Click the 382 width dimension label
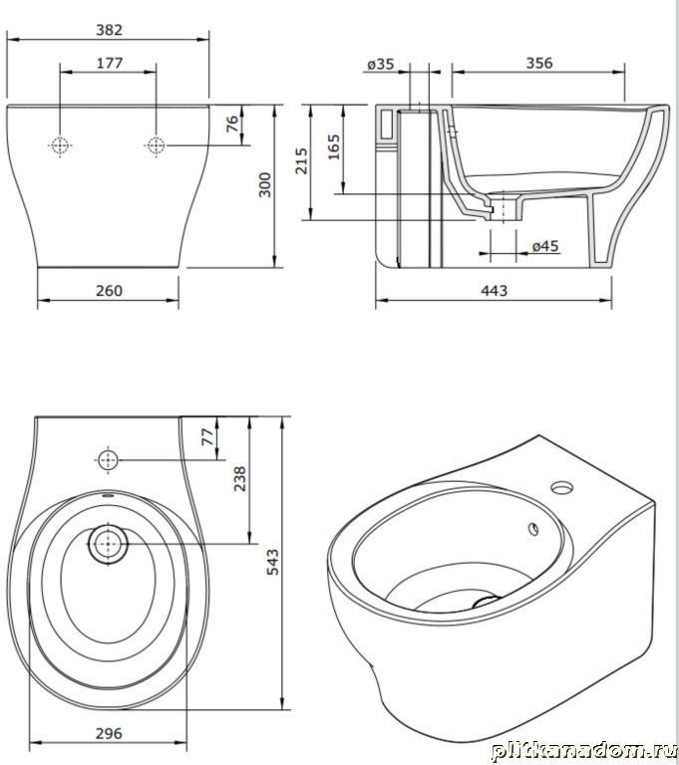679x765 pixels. click(109, 30)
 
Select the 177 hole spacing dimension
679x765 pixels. click(110, 64)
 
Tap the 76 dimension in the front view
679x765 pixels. click(233, 124)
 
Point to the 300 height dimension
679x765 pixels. click(265, 184)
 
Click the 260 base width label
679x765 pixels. click(109, 291)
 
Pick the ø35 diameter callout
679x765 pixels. click(381, 64)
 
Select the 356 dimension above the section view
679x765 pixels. click(539, 64)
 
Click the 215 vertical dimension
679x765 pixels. click(302, 161)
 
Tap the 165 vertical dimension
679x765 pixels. click(334, 147)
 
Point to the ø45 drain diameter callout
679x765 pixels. click(545, 246)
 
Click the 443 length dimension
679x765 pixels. click(495, 291)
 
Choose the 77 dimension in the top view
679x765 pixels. click(207, 436)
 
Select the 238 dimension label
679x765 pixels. click(240, 478)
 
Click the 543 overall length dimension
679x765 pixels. click(272, 562)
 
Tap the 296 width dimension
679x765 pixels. click(109, 734)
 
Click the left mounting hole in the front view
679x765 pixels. click(60, 145)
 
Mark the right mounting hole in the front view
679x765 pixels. click(156, 145)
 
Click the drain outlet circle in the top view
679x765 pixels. click(108, 545)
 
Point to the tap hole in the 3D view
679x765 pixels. click(562, 486)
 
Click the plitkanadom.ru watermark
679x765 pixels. click(583, 751)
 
